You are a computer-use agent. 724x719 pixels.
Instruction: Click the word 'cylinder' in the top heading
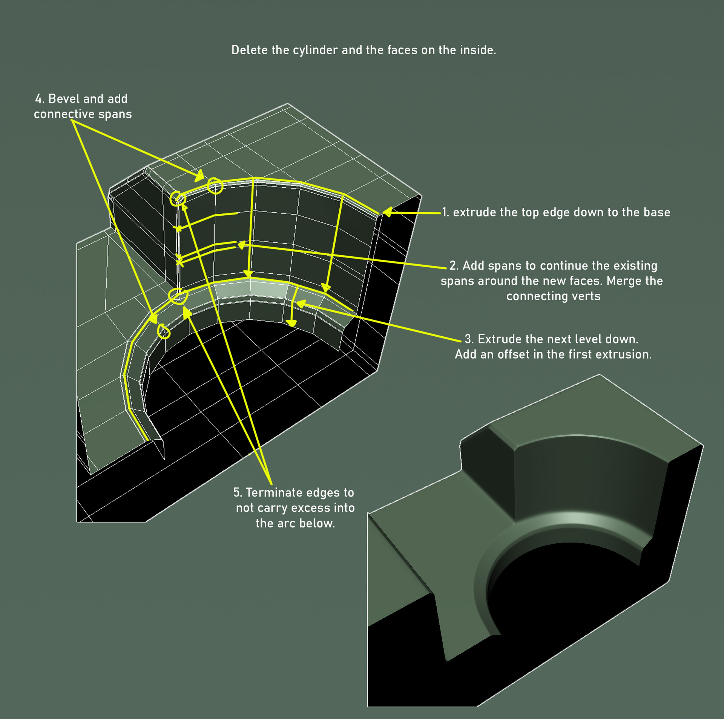coord(315,50)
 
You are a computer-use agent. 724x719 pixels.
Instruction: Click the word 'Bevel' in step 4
coord(64,99)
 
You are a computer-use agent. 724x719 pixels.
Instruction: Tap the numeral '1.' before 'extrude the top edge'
coord(445,212)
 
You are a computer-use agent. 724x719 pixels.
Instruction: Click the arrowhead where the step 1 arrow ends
coord(387,212)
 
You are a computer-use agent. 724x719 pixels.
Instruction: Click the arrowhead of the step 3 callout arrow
coord(301,304)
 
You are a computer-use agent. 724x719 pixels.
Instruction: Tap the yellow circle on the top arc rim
coord(215,186)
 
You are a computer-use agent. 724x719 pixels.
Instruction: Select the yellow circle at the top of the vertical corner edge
coord(177,198)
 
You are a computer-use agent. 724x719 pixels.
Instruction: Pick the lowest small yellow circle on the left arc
coord(164,332)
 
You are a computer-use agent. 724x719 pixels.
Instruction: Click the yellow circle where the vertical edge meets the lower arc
coord(178,296)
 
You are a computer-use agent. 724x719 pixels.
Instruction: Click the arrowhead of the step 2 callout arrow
coord(241,245)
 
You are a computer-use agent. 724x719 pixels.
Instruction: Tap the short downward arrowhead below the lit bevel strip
coord(291,323)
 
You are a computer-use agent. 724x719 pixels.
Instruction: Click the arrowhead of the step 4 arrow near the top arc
coord(200,176)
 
